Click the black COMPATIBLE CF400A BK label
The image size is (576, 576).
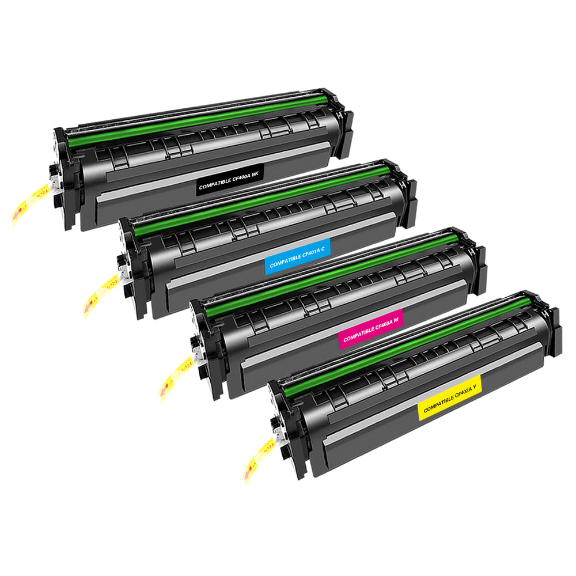click(230, 180)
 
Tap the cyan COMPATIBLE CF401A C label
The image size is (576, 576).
click(298, 256)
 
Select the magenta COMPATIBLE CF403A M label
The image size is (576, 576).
click(370, 328)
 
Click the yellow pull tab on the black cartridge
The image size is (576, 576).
click(30, 204)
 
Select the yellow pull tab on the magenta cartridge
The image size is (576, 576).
click(176, 379)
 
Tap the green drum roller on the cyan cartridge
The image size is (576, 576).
click(262, 200)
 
